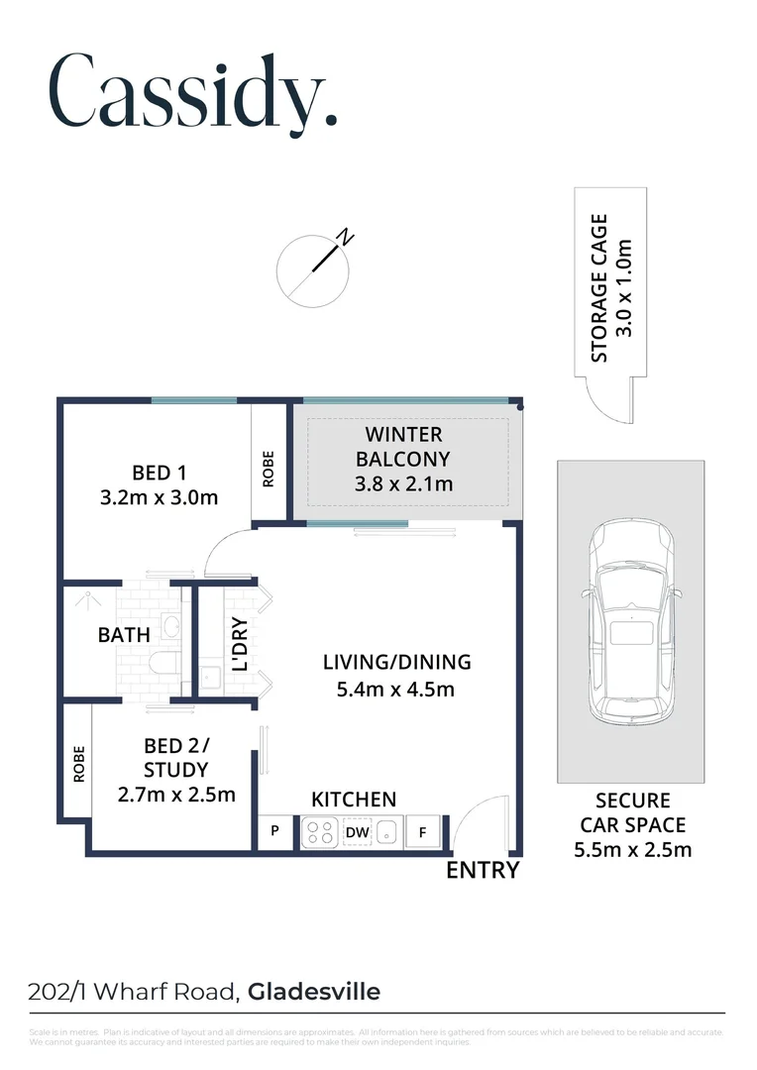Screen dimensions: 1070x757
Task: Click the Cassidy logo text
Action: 193,91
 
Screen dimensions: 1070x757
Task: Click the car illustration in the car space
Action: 631,625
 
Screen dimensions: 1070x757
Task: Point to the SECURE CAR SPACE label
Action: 632,823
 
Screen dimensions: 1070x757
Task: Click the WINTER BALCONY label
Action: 403,459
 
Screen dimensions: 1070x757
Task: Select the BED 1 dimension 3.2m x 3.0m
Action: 159,497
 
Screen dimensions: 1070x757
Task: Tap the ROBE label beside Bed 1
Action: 268,469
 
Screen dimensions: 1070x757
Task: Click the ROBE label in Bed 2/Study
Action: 78,763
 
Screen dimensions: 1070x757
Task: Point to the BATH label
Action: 124,635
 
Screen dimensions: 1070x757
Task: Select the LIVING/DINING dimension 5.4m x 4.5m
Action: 396,690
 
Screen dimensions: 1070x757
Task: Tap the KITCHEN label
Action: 354,800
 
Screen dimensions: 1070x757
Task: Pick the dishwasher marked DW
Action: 357,833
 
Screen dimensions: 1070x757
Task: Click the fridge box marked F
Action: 423,833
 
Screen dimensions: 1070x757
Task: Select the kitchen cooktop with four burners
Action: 320,833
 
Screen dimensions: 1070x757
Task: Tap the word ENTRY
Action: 483,871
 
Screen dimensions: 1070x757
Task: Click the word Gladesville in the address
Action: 313,991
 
